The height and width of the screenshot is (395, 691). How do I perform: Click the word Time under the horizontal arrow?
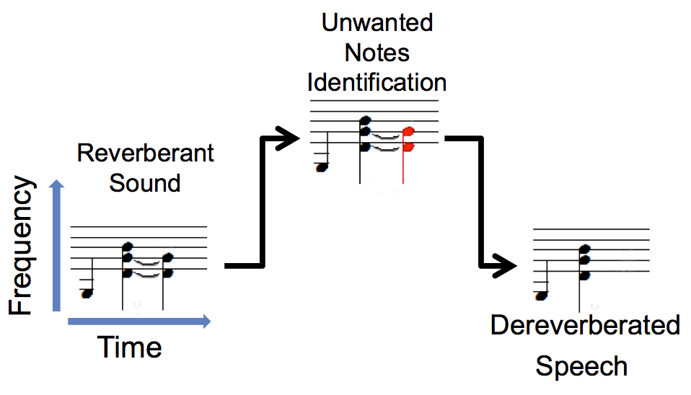coord(130,348)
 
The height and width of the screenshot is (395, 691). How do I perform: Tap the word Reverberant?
coord(145,154)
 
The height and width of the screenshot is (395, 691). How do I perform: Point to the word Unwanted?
coord(377,23)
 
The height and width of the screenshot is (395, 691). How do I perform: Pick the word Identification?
coord(377,81)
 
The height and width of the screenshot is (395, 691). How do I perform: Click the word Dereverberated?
coord(585,325)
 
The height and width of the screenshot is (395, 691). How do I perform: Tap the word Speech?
coord(581,367)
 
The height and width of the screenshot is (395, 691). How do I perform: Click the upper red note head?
coord(409,133)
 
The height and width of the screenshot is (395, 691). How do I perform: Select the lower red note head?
coord(409,147)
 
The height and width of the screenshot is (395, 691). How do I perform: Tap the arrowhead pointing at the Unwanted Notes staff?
coord(293,138)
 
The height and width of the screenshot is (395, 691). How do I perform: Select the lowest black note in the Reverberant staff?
coord(87,293)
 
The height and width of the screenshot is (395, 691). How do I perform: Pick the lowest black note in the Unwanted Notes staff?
coord(322,167)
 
